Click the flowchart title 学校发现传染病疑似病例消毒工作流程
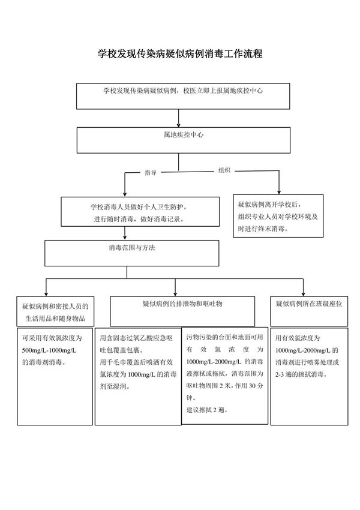point(180,53)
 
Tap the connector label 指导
point(150,173)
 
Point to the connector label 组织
point(224,170)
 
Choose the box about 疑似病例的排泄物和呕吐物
point(182,305)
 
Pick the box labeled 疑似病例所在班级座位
point(308,305)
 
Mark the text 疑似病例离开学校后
point(268,204)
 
